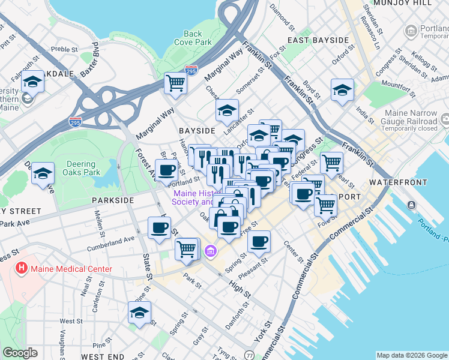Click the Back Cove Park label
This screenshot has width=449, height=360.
[193, 38]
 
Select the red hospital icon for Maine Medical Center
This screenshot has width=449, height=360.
[22, 268]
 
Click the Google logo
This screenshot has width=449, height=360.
[20, 353]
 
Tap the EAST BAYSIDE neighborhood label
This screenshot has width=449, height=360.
[318, 40]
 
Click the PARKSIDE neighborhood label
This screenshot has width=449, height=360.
[113, 200]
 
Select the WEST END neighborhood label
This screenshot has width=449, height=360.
[103, 356]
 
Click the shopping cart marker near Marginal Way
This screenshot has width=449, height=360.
[175, 82]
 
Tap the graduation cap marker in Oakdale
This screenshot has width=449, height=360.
[32, 82]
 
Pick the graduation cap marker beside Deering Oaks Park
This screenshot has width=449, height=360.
[43, 173]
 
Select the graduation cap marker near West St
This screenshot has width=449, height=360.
[139, 313]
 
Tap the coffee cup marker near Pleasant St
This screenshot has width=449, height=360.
[259, 241]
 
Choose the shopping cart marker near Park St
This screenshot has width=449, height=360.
[187, 248]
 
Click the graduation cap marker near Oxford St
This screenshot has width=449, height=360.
[342, 90]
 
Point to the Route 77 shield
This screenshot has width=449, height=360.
[249, 356]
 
